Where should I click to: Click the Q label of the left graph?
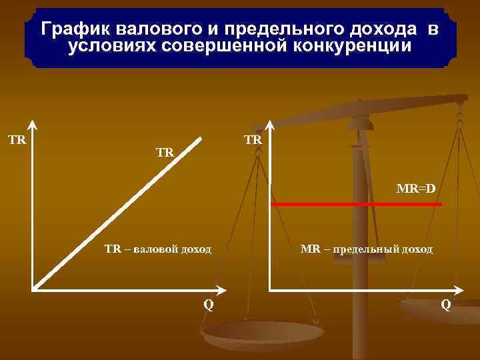(x=209, y=305)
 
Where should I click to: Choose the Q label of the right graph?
(x=445, y=305)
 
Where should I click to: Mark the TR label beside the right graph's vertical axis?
(x=253, y=141)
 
